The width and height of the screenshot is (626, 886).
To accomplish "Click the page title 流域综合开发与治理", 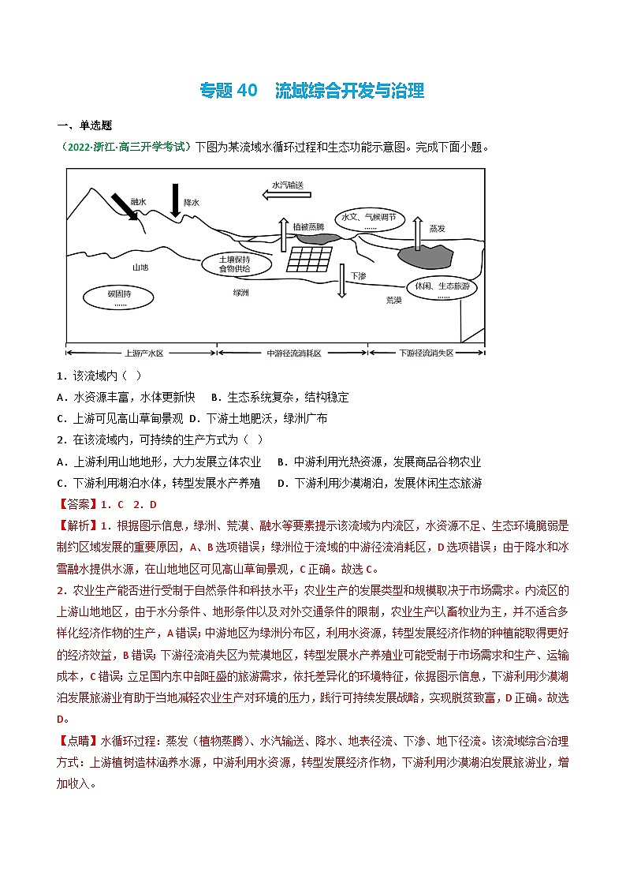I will click(349, 91).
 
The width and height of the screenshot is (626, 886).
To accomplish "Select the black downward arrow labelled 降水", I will click(175, 199).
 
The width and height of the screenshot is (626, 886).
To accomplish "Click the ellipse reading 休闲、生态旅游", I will click(442, 290).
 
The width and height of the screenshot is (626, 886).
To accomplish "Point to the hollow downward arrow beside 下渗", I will click(341, 281).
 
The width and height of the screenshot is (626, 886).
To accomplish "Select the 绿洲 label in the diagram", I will click(240, 292).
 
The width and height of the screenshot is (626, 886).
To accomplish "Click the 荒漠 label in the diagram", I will click(393, 301).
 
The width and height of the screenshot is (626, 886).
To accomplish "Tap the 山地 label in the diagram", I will click(140, 267).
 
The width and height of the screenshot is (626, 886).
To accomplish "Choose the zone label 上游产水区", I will click(143, 353).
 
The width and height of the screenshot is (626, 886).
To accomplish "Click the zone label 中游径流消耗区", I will click(294, 353).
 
